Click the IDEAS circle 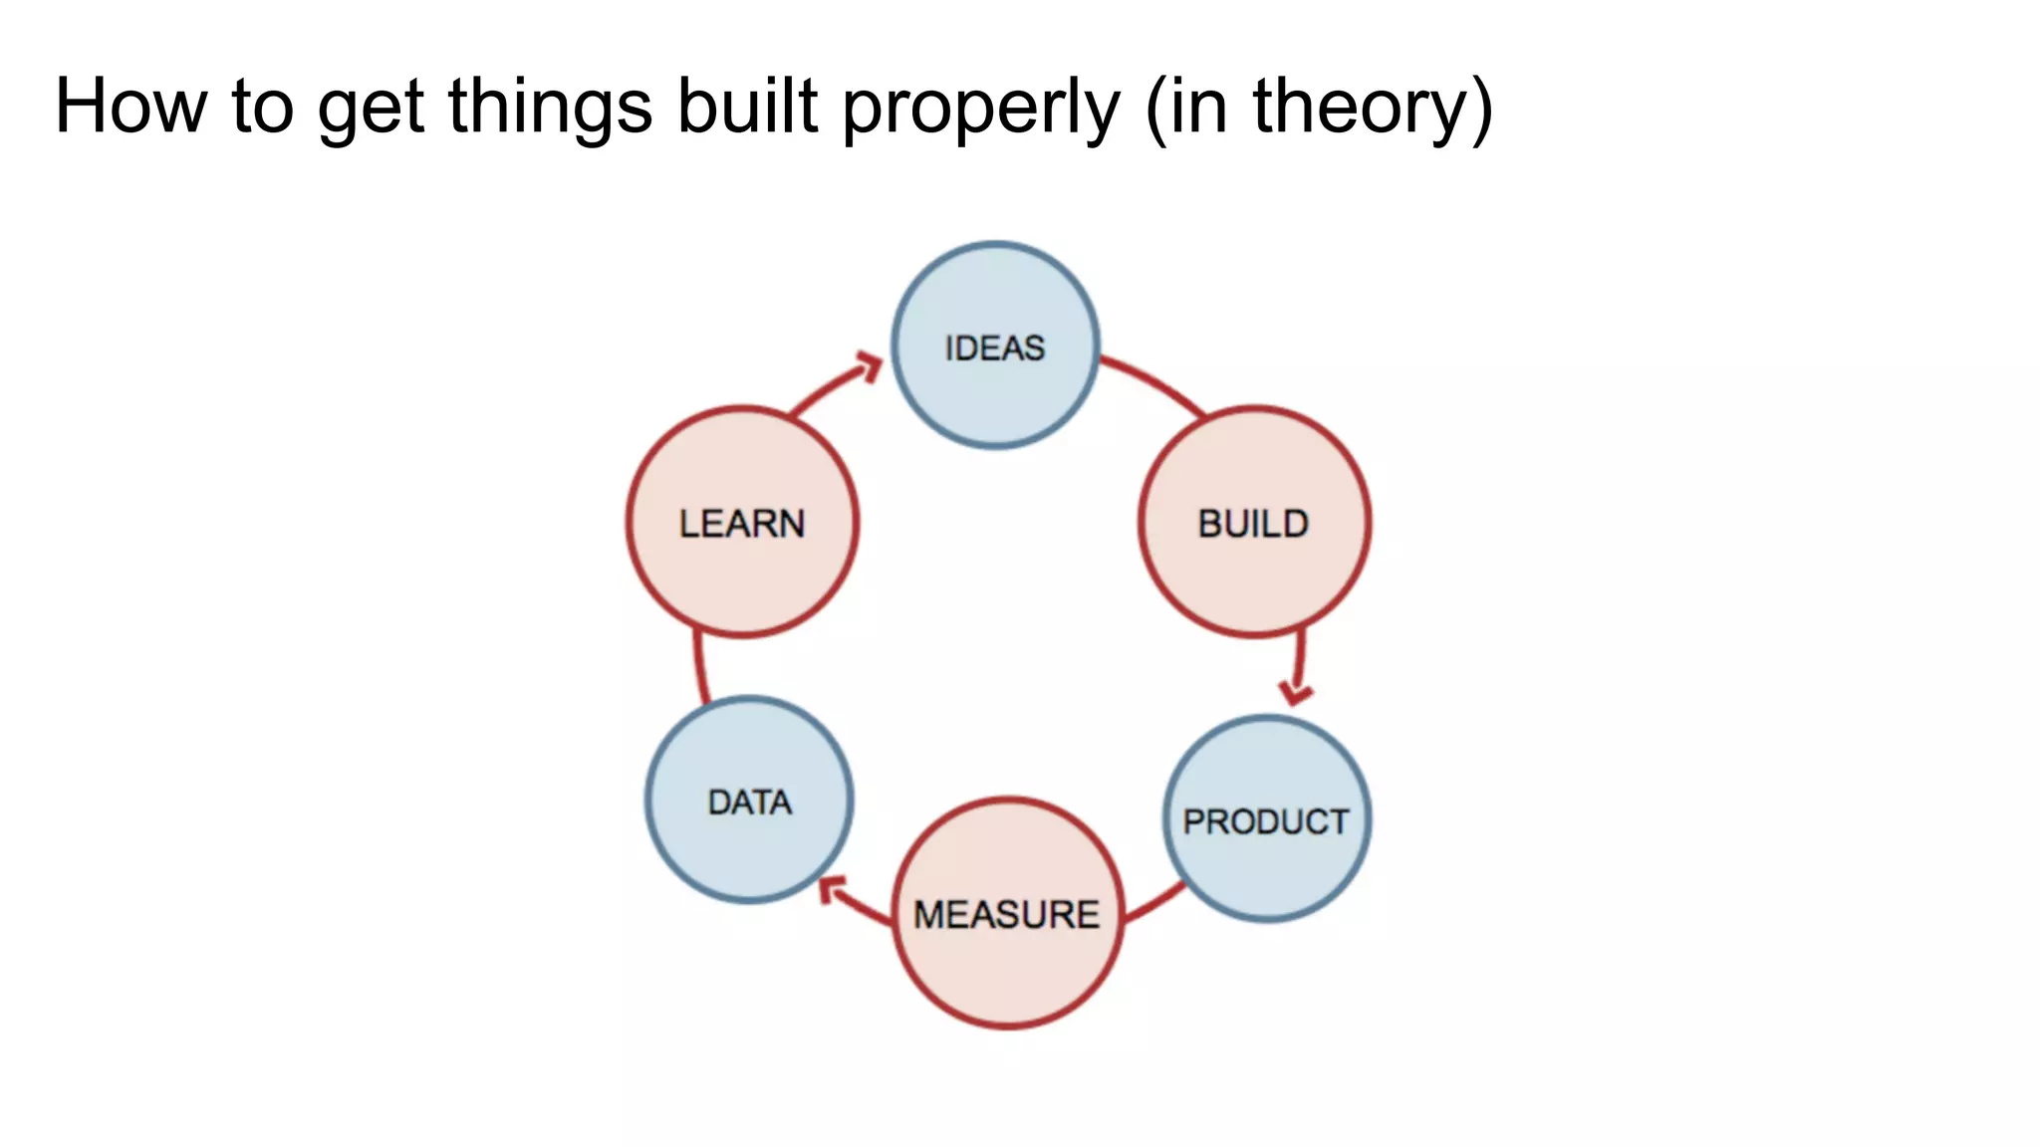995,345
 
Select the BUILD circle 1254,522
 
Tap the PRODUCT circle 1266,818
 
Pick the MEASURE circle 1007,912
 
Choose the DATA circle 749,800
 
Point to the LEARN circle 742,522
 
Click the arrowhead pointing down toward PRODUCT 1295,691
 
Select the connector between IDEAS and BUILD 1155,381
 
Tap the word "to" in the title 263,108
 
